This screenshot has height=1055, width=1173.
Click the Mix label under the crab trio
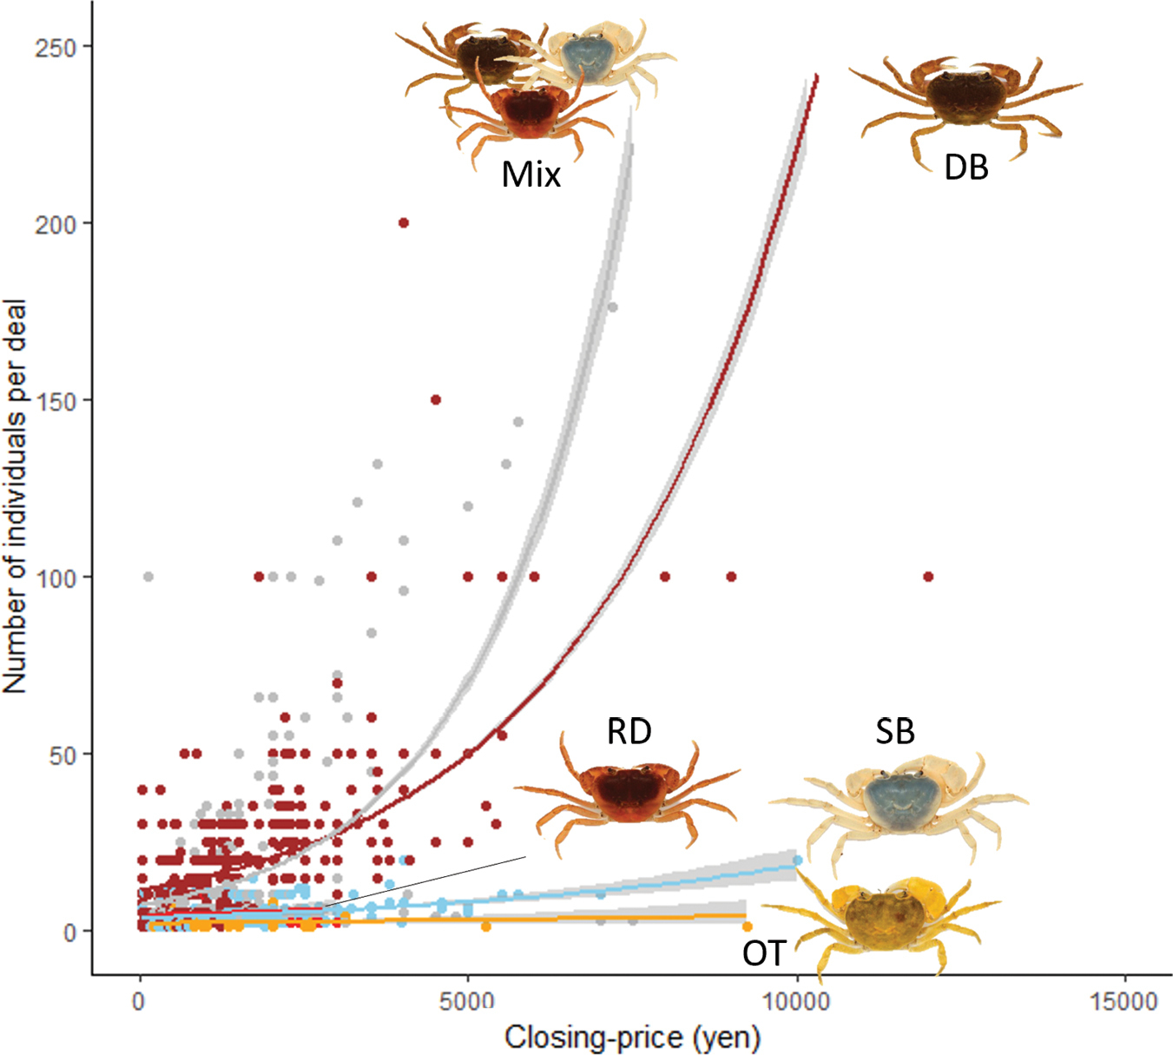click(531, 175)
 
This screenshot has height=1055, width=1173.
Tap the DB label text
click(965, 167)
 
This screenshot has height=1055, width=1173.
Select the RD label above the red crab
click(629, 731)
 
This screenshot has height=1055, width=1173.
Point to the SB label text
click(894, 731)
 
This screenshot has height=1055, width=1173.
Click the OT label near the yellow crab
click(764, 953)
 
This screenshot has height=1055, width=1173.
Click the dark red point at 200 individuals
click(403, 223)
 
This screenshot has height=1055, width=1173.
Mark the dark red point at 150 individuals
click(436, 400)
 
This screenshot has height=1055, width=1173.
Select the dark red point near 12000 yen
click(928, 577)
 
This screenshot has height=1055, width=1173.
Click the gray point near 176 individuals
click(612, 307)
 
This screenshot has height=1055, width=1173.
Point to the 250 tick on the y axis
click(56, 47)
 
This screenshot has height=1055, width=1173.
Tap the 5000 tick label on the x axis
click(467, 1001)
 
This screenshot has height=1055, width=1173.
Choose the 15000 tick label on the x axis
click(1124, 1001)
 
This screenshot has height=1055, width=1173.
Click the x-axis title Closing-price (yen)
click(632, 1037)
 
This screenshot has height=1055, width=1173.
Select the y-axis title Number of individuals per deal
click(16, 497)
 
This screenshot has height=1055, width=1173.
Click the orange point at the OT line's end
click(747, 926)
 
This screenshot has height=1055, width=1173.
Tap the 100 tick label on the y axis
click(56, 577)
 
